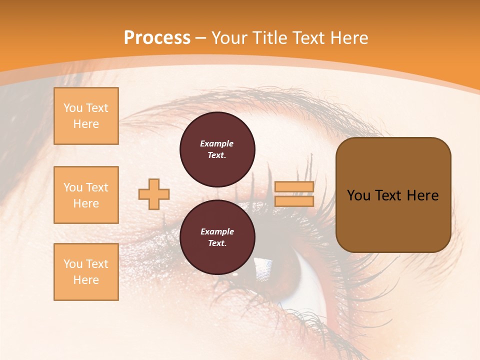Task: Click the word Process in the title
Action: (x=157, y=38)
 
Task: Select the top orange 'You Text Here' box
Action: (x=86, y=116)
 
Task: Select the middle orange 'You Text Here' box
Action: (x=86, y=195)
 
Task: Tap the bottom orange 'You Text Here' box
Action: (x=86, y=272)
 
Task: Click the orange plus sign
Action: (x=154, y=194)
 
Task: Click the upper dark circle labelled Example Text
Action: (x=217, y=149)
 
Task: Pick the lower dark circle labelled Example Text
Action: (x=217, y=237)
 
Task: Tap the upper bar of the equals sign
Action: (x=294, y=187)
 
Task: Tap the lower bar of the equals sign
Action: (x=294, y=201)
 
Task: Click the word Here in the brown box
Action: (x=422, y=195)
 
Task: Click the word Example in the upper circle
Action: (x=217, y=143)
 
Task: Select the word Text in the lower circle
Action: (x=216, y=243)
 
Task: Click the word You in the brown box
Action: (x=359, y=195)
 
